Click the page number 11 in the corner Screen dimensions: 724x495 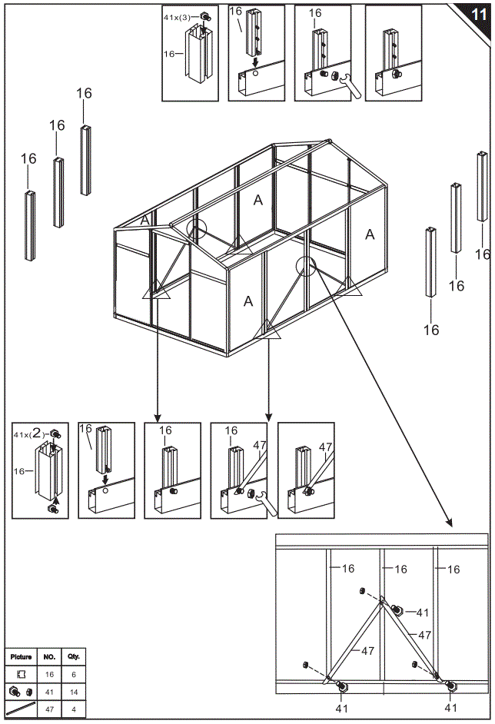tap(477, 13)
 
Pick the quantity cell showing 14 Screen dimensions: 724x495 tap(73, 691)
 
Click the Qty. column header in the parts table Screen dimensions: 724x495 tap(73, 657)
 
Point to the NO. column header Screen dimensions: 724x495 tap(48, 657)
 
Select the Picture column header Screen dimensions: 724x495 tap(21, 657)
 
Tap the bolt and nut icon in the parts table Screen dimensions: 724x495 tap(21, 691)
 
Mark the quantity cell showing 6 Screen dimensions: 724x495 tap(73, 674)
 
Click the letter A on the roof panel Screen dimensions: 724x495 tap(258, 201)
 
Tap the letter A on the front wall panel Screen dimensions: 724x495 tap(248, 301)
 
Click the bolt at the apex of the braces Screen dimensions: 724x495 tap(397, 609)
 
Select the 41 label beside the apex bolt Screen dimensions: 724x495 tap(422, 613)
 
